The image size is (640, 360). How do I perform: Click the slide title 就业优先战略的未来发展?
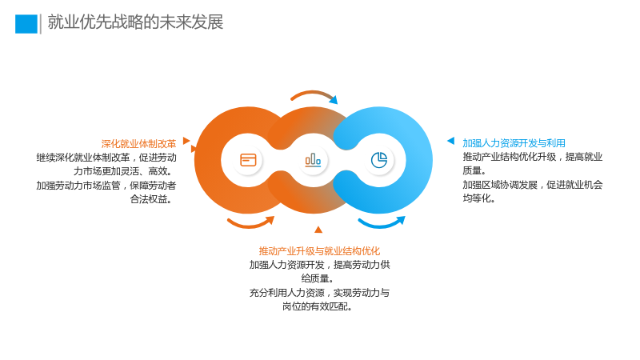135,22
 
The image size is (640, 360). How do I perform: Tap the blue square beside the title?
26,24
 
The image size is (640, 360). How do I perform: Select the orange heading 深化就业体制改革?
138,144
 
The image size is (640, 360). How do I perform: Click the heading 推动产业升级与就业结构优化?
319,251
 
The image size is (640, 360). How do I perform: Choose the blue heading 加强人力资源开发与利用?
514,143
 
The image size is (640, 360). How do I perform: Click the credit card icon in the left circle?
248,160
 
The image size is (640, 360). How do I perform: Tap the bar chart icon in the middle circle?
313,160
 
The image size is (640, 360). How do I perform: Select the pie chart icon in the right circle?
379,160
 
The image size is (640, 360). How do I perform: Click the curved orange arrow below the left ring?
250,225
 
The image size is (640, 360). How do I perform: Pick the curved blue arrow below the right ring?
381,225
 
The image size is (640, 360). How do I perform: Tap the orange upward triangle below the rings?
318,230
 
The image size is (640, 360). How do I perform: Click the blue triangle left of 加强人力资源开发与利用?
451,141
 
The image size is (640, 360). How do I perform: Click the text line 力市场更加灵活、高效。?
125,171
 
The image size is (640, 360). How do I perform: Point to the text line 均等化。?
479,198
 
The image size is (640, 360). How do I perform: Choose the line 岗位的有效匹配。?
318,306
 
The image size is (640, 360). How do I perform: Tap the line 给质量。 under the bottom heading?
318,278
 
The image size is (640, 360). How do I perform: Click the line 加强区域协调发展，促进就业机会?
533,185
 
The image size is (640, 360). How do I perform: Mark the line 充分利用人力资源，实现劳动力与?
319,293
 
